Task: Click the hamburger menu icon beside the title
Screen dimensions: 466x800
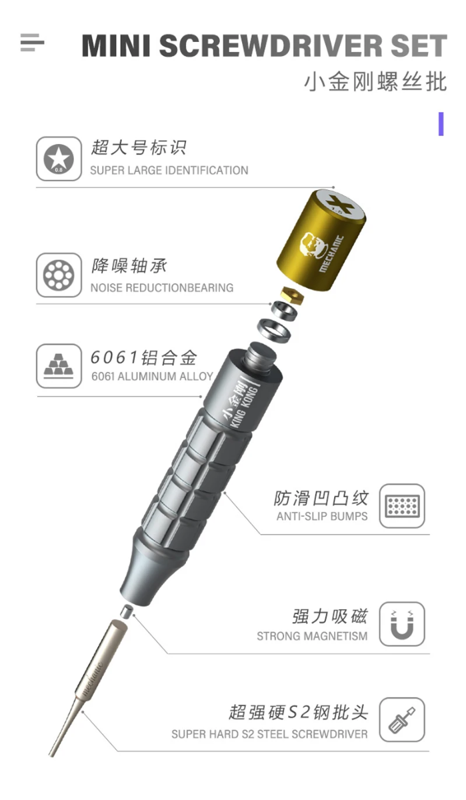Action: click(32, 43)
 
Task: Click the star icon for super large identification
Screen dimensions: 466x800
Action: click(59, 159)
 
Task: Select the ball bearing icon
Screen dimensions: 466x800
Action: click(59, 275)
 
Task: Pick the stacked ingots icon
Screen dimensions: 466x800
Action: click(59, 366)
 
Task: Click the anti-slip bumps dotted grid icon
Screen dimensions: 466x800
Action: click(402, 506)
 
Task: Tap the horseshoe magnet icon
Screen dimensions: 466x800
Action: click(402, 624)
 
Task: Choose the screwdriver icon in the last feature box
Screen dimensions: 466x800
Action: click(402, 720)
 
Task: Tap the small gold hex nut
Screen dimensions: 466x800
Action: click(292, 295)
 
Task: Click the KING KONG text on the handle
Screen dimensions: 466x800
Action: click(244, 407)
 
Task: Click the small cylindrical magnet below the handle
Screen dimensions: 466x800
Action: click(127, 611)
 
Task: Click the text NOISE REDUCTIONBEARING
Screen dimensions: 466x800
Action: click(162, 288)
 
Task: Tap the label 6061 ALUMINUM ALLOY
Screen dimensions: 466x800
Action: click(152, 377)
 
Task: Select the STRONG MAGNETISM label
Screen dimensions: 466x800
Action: click(312, 637)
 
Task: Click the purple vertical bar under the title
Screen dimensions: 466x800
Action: click(441, 124)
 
